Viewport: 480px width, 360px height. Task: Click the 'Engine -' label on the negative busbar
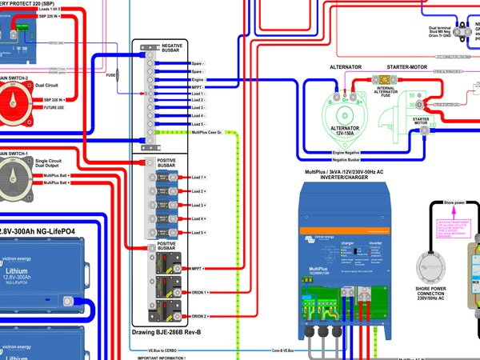[x=198, y=81]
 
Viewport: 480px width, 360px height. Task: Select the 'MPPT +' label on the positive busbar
[x=200, y=269]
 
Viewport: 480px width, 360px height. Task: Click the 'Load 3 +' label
[x=198, y=206]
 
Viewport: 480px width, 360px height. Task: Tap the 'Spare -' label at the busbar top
[x=198, y=62]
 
